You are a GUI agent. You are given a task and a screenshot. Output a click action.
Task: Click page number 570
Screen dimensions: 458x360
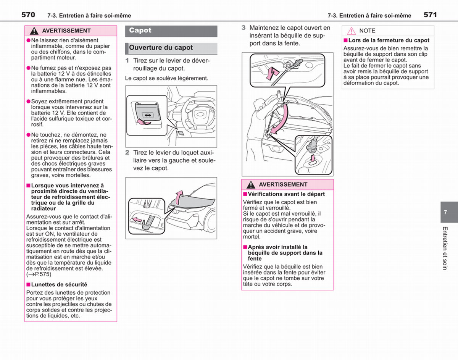[x=28, y=15]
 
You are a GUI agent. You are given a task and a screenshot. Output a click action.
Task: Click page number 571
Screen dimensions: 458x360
[x=430, y=15]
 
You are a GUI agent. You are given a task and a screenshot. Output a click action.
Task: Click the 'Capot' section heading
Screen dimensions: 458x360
[x=140, y=30]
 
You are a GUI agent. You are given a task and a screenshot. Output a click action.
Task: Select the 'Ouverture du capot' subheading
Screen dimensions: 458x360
[x=161, y=48]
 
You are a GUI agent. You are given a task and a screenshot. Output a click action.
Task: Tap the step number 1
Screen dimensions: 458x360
[x=127, y=61]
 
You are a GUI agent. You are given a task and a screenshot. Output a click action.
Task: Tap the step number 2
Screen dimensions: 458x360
[x=127, y=152]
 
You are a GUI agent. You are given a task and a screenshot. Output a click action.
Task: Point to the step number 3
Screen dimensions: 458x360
[x=244, y=27]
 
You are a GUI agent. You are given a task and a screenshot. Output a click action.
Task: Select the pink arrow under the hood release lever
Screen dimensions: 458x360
[x=144, y=122]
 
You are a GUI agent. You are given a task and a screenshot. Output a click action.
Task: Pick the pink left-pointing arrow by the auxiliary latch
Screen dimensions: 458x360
[x=137, y=220]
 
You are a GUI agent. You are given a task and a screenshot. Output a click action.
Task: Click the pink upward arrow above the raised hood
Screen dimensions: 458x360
[x=179, y=197]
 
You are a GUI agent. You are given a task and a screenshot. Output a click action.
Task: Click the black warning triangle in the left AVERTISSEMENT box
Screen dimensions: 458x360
[x=34, y=31]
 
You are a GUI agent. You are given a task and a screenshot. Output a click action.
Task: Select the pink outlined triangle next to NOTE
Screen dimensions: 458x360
[x=352, y=31]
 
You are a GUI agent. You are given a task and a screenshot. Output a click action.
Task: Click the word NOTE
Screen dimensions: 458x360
[x=368, y=31]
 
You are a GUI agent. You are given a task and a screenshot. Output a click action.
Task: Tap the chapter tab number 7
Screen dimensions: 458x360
[x=445, y=212]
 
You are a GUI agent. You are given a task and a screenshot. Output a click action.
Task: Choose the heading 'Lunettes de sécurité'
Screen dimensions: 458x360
[x=59, y=284]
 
